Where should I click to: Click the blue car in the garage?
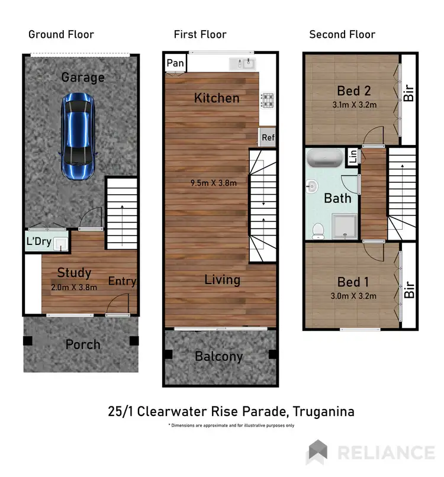(78, 136)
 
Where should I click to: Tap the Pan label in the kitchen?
(174, 63)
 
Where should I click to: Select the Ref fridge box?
(268, 138)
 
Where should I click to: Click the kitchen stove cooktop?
(267, 101)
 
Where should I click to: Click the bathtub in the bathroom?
(323, 160)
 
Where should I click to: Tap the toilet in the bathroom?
(318, 230)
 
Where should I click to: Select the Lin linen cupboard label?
(353, 157)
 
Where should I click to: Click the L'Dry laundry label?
(38, 241)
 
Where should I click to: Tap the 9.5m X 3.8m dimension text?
(214, 183)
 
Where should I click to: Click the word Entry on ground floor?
(122, 281)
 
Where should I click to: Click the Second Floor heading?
(342, 34)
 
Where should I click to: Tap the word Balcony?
(219, 356)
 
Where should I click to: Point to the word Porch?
(82, 344)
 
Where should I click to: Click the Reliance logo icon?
(318, 452)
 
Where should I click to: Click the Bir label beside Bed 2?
(408, 93)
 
